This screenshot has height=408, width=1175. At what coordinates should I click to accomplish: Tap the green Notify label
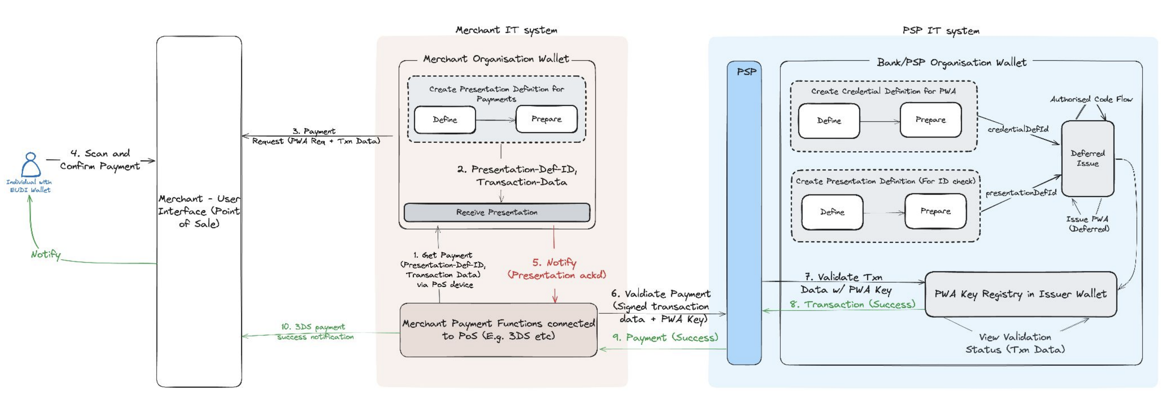[46, 254]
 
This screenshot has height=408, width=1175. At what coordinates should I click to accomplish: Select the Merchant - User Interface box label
[199, 211]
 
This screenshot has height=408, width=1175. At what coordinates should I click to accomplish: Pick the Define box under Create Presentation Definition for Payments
[445, 120]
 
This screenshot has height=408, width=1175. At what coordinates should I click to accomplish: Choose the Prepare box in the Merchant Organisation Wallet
[546, 119]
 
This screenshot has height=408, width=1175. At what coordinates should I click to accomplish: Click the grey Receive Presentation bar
[497, 212]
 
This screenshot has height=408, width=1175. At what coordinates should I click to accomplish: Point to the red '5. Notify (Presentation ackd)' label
[556, 269]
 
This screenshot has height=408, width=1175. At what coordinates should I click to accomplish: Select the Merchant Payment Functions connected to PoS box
[499, 329]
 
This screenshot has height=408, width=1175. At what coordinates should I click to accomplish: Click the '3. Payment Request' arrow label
[316, 136]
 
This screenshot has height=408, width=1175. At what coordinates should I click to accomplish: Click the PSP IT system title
[941, 31]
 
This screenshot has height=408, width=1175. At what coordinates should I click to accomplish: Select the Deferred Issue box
[1087, 158]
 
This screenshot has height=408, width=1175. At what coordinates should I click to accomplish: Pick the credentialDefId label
[1018, 129]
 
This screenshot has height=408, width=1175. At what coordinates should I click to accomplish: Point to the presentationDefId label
[1021, 193]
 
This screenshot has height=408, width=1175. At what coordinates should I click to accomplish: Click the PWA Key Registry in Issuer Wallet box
[1020, 294]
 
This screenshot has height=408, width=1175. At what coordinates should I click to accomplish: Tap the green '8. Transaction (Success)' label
[853, 305]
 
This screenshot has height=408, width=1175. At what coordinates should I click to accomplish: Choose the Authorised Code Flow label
[1091, 99]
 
